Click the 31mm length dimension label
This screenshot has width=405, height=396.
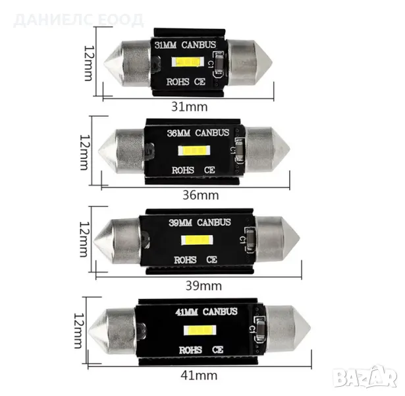[189, 107]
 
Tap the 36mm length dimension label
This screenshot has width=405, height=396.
[201, 195]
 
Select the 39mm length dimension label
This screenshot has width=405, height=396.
[203, 286]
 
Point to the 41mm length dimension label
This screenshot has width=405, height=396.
[199, 376]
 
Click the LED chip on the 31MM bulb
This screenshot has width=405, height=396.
[188, 62]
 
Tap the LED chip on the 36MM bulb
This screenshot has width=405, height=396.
[194, 150]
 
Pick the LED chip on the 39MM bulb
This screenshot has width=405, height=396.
[197, 240]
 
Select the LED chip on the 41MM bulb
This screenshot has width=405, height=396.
[200, 330]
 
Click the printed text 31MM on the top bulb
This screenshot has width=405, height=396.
[165, 45]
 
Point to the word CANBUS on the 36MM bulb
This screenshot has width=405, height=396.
[212, 133]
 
